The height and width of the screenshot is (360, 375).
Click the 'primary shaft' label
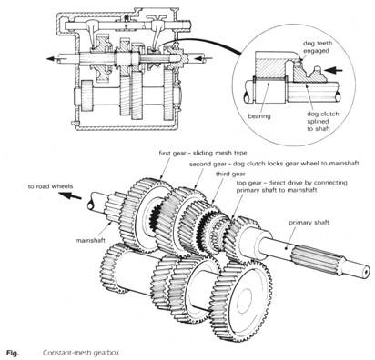(319, 220)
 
